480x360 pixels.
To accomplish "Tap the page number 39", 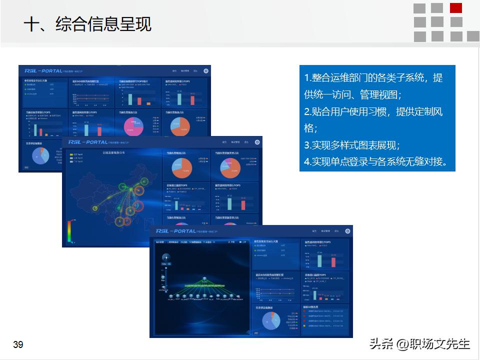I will (18, 345).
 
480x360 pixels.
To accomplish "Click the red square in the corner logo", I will (456, 8).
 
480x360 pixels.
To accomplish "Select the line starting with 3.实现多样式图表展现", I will (352, 145).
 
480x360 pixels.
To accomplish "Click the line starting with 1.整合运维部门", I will (373, 78).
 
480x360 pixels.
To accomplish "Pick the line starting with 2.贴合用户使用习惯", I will (373, 111).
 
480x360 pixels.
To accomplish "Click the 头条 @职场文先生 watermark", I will (420, 344).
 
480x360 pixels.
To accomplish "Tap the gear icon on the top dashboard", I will (206, 71).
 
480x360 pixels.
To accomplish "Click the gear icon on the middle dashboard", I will (257, 142).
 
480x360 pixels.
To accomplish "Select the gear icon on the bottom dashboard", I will (347, 231).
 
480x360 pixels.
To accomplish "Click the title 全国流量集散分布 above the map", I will (114, 153).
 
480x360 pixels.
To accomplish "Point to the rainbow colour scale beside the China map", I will (69, 230).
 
